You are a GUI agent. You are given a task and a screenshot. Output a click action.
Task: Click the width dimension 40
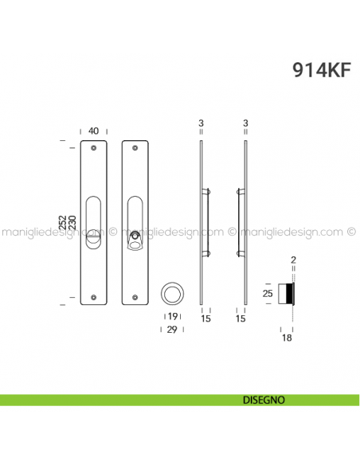pos(94,131)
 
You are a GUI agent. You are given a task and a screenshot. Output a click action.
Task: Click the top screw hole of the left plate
pos(94,148)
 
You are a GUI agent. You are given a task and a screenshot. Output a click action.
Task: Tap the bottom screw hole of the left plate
pos(94,295)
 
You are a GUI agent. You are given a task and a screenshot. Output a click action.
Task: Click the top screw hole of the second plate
pos(133,148)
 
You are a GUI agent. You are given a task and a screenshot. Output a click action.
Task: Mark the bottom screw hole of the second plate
pos(133,295)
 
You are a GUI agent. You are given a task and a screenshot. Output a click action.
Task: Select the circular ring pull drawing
pos(172,293)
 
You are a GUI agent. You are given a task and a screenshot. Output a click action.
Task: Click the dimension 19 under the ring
pos(172,316)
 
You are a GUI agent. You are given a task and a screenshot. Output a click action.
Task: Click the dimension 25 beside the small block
pos(268,294)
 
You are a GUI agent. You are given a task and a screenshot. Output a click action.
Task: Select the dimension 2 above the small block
pos(293,260)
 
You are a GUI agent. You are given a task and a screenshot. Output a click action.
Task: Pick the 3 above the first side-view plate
pos(202,123)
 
